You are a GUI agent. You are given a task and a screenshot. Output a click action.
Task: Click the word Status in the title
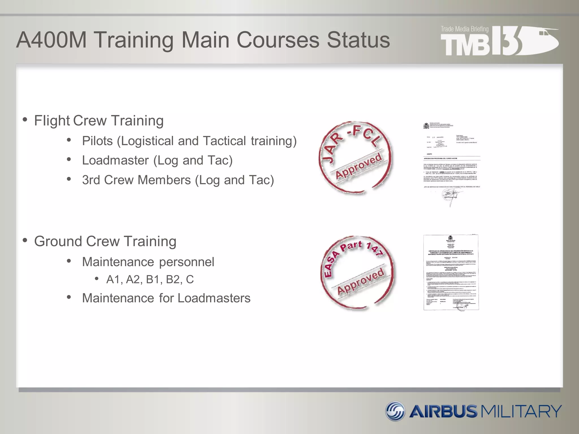pyautogui.click(x=358, y=40)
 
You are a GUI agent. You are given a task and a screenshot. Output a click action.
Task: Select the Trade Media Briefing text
pyautogui.click(x=465, y=29)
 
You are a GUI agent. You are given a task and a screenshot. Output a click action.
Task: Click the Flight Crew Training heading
pyautogui.click(x=99, y=121)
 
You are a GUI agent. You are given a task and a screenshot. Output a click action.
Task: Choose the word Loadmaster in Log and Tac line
pyautogui.click(x=115, y=160)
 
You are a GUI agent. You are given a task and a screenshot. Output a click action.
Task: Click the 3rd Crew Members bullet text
pyautogui.click(x=178, y=180)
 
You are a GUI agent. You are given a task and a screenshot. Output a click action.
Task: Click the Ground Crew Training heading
pyautogui.click(x=105, y=241)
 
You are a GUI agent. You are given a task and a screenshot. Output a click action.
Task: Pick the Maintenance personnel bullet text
pyautogui.click(x=148, y=262)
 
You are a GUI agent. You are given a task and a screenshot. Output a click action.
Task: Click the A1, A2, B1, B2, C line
pyautogui.click(x=150, y=279)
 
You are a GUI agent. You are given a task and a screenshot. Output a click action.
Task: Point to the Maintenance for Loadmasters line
pyautogui.click(x=166, y=298)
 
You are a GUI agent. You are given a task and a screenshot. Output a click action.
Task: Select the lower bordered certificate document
pyautogui.click(x=451, y=273)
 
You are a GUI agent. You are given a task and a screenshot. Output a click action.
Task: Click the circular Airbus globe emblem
pyautogui.click(x=396, y=411)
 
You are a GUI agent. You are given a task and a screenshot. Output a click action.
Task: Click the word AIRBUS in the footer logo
pyautogui.click(x=443, y=411)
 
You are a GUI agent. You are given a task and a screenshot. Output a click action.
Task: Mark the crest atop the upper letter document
pyautogui.click(x=426, y=126)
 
